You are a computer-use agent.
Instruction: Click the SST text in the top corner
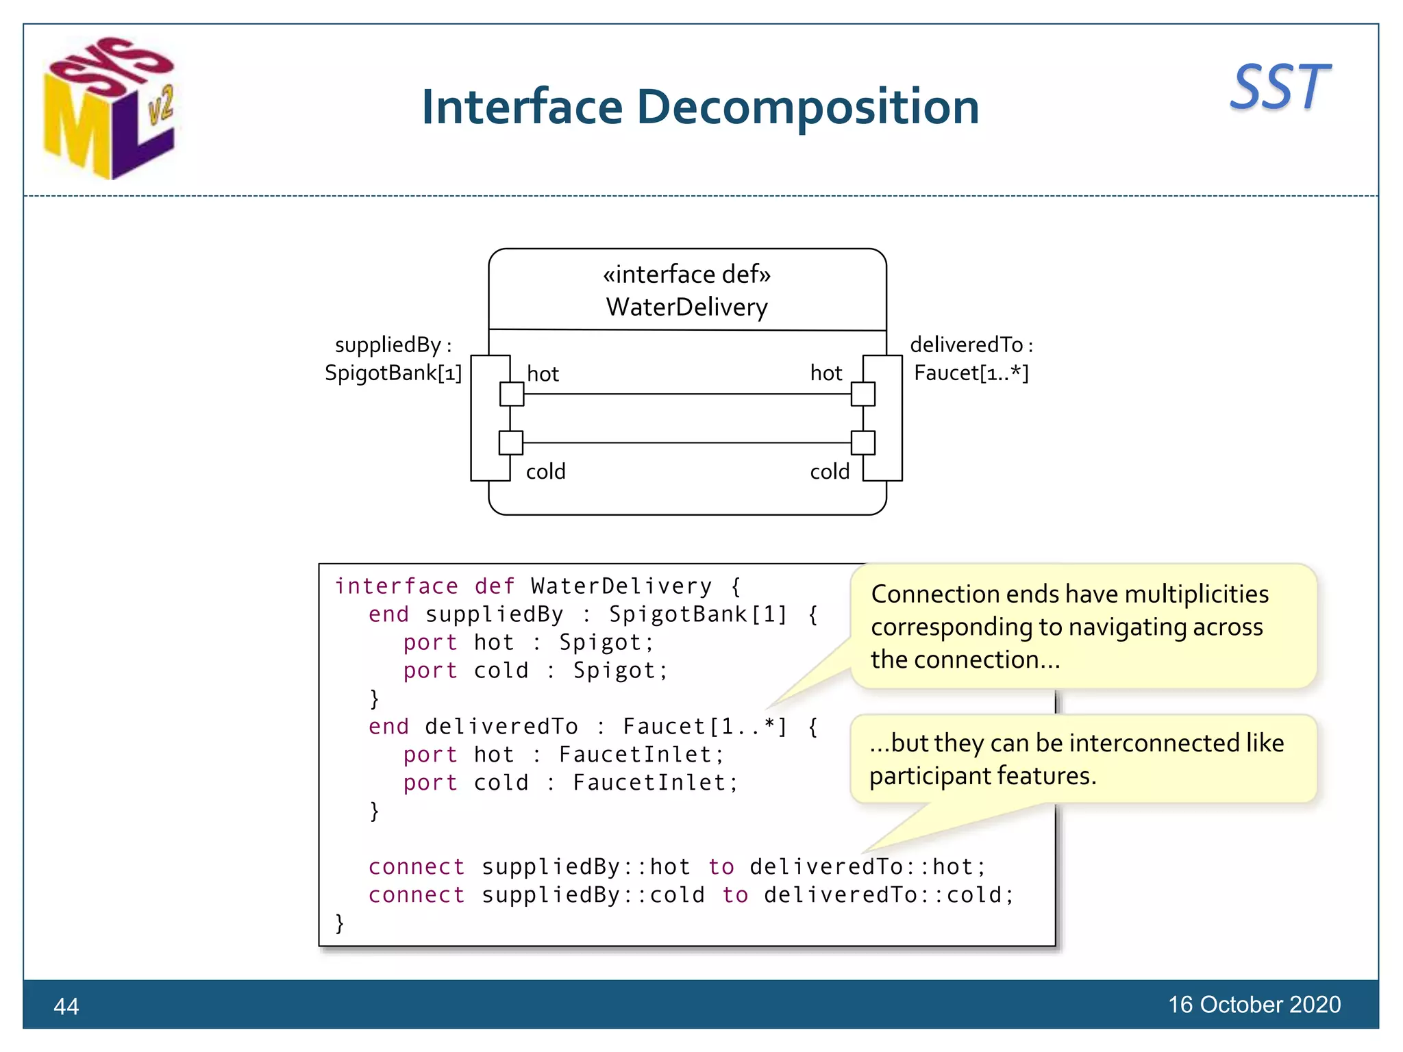(1280, 88)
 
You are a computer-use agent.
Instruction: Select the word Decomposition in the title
(808, 108)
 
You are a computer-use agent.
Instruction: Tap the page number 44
(66, 1006)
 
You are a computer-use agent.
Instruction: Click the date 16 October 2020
(1254, 1004)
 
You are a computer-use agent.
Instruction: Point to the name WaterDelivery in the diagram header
(686, 307)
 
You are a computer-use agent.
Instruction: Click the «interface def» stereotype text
(686, 274)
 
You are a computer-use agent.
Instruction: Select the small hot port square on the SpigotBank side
(512, 394)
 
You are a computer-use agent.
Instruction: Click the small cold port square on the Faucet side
(862, 443)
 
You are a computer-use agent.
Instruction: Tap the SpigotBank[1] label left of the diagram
(393, 373)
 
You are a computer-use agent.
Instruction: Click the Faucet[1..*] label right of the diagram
(971, 373)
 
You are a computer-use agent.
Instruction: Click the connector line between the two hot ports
(687, 394)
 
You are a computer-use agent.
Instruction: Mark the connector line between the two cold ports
(687, 443)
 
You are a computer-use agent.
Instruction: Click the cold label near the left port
(545, 471)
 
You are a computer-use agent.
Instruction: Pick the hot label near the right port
(825, 373)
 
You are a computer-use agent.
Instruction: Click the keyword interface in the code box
(396, 586)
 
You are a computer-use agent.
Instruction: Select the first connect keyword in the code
(417, 867)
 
